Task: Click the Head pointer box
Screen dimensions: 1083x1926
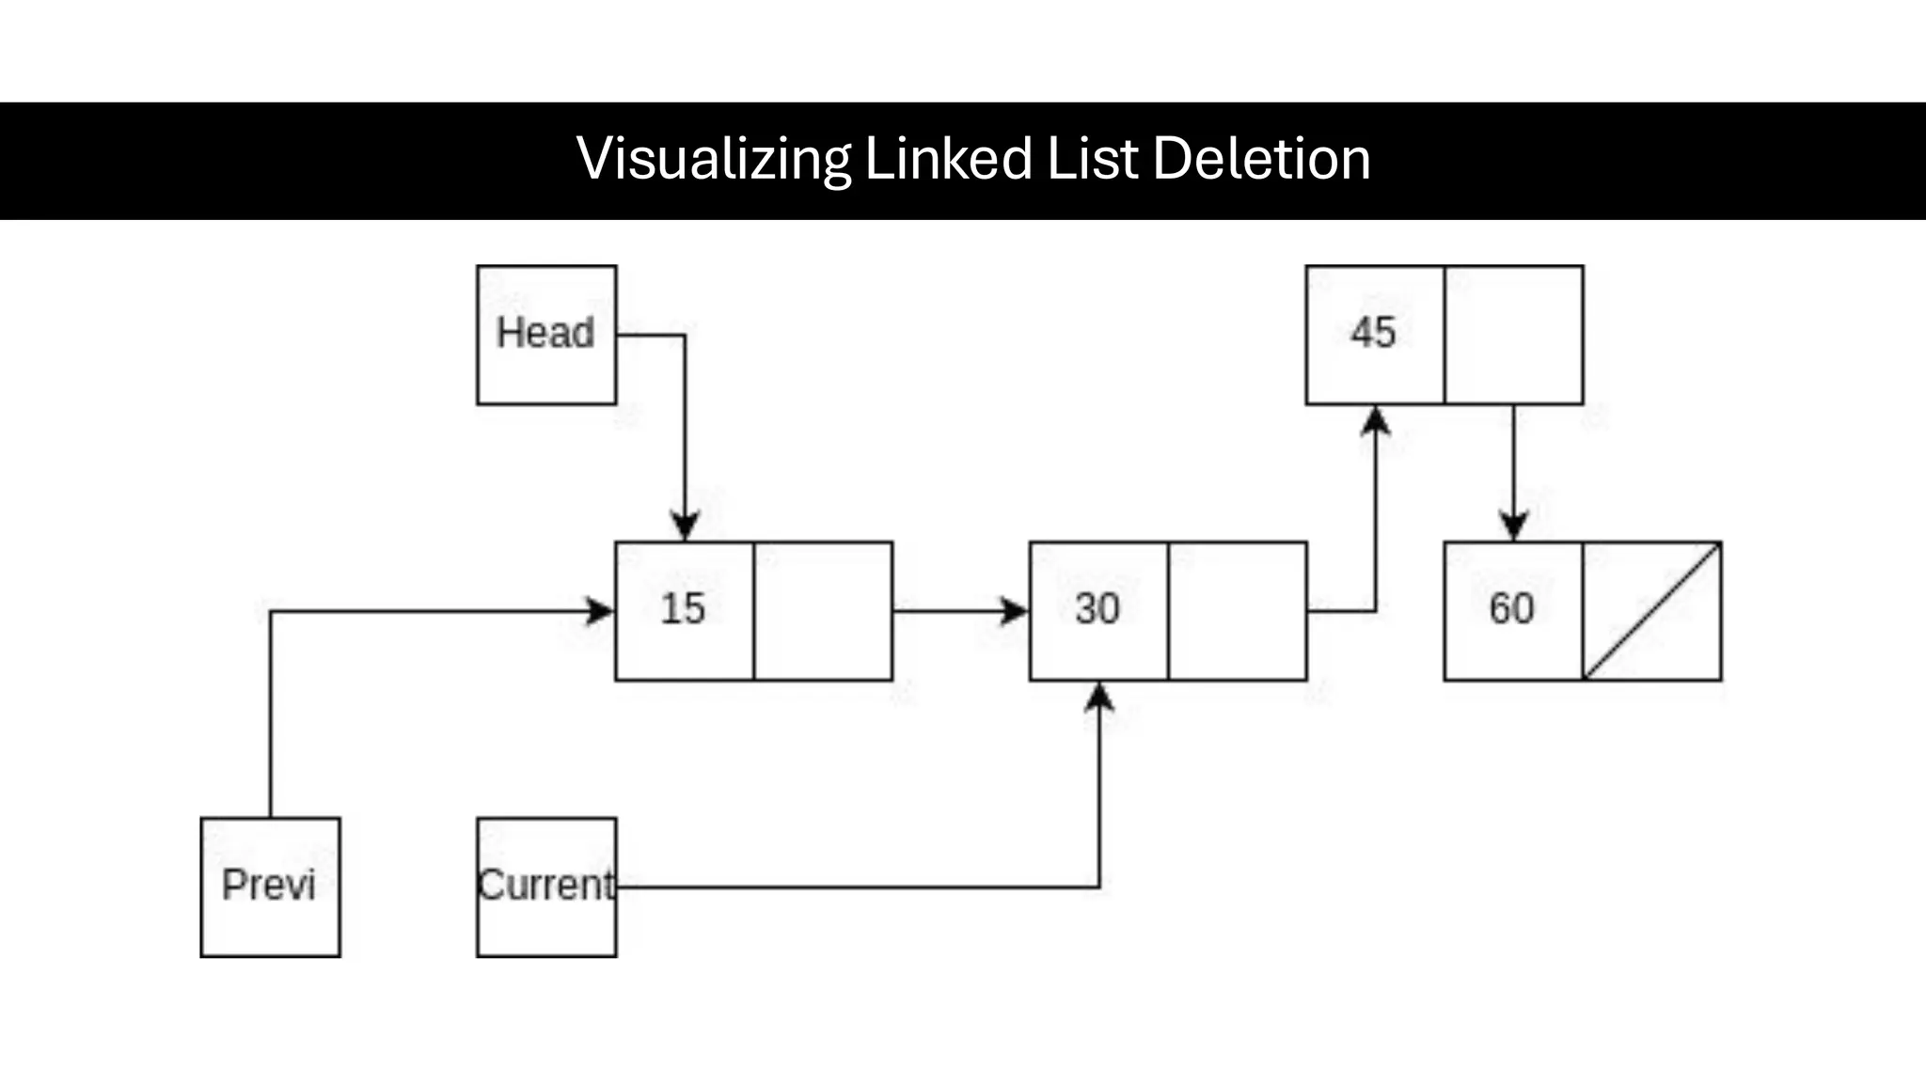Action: pyautogui.click(x=546, y=335)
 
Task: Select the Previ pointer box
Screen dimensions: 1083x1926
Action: pyautogui.click(x=270, y=887)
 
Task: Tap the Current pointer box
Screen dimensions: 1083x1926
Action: pyautogui.click(x=546, y=887)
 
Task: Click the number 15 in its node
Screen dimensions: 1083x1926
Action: pyautogui.click(x=683, y=609)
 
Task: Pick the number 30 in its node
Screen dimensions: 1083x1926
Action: pyautogui.click(x=1097, y=609)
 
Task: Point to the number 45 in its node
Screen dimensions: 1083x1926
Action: pyautogui.click(x=1373, y=333)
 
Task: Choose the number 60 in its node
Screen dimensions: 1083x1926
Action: pyautogui.click(x=1511, y=609)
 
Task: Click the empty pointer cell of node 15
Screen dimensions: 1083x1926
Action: pyautogui.click(x=823, y=611)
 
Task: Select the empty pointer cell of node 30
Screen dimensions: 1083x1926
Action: pyautogui.click(x=1238, y=611)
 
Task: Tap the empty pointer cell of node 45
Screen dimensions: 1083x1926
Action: pyautogui.click(x=1514, y=335)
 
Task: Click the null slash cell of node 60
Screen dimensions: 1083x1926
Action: pyautogui.click(x=1652, y=611)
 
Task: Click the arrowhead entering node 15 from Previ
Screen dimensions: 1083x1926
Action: pyautogui.click(x=599, y=611)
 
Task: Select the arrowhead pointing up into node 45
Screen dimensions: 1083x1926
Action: pyautogui.click(x=1376, y=420)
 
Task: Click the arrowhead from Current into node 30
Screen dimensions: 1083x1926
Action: pyautogui.click(x=1099, y=697)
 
